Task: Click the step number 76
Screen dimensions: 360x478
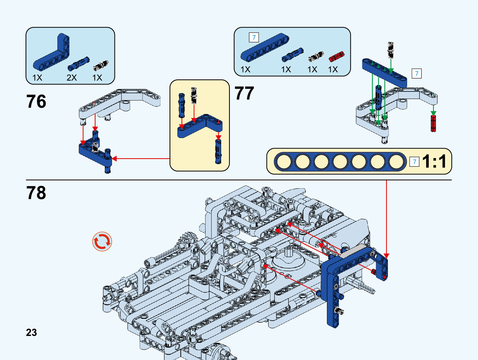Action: (36, 101)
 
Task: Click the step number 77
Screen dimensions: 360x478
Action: (244, 93)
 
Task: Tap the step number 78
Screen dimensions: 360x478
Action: (36, 193)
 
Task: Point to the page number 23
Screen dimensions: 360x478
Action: (31, 332)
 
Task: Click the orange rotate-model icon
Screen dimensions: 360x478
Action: (102, 242)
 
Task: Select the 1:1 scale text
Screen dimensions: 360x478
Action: (434, 161)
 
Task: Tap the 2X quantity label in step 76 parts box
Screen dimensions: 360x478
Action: (72, 78)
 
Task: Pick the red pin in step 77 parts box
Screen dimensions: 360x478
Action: (336, 57)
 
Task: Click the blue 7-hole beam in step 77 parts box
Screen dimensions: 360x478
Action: (265, 47)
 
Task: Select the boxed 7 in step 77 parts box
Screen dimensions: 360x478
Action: (254, 38)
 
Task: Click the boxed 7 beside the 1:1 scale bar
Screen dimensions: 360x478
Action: (415, 162)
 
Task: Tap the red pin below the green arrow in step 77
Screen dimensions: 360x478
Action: (433, 123)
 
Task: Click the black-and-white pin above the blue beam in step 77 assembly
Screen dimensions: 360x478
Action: (391, 49)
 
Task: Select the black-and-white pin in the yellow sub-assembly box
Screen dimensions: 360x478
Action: (194, 95)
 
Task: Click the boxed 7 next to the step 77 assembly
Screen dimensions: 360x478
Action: (416, 73)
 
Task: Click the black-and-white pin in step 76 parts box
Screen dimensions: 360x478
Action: (101, 65)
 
